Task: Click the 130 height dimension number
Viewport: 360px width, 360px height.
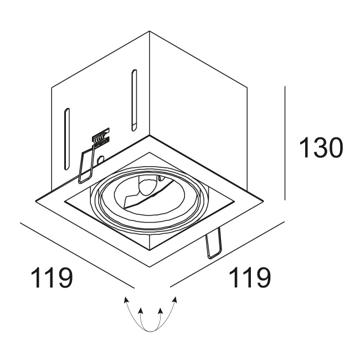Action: pos(321,148)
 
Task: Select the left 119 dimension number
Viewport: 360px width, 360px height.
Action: pos(52,278)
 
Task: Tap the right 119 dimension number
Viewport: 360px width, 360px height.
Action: pos(250,278)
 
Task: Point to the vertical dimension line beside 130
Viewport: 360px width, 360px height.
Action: pos(285,143)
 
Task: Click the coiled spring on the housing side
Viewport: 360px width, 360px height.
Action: pos(100,138)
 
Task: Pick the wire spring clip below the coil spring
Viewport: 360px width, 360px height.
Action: pos(86,164)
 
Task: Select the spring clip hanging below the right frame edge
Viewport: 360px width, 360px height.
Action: pos(214,243)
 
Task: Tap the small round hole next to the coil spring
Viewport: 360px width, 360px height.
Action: pos(101,159)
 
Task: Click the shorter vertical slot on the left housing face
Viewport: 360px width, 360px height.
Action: pos(66,139)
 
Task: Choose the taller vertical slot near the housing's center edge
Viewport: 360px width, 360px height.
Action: pos(134,100)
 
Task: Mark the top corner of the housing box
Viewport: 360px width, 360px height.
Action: pos(150,31)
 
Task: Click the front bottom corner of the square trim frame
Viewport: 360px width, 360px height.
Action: pos(150,267)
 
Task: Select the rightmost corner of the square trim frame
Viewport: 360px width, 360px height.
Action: pos(264,200)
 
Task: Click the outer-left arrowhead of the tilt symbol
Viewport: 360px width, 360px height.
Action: pos(126,300)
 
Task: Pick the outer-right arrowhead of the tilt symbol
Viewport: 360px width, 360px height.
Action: pos(175,300)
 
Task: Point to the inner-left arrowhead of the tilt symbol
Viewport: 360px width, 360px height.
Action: pos(141,311)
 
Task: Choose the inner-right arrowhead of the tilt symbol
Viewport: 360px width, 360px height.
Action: pos(161,311)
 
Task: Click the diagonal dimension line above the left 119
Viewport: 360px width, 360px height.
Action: pos(77,255)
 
